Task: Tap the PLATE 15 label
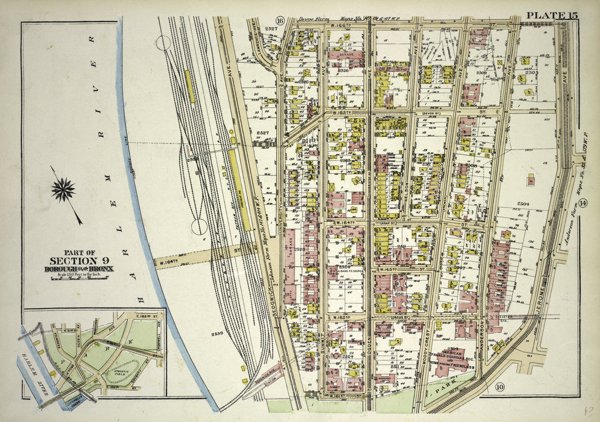coord(551,15)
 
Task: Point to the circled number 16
coord(280,21)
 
